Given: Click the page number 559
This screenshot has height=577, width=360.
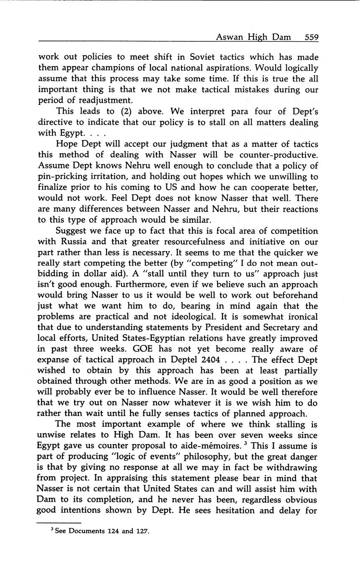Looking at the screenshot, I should pyautogui.click(x=311, y=37).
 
